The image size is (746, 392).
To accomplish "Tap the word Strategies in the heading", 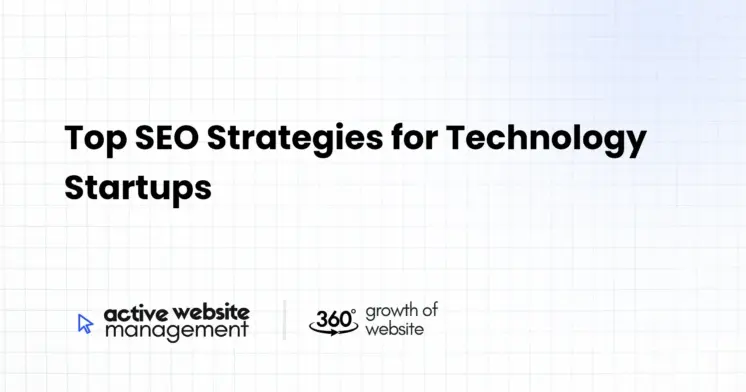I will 299,140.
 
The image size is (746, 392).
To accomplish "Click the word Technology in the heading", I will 546,140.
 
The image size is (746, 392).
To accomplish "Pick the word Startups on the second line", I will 138,189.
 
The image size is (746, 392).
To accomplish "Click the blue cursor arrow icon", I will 85,322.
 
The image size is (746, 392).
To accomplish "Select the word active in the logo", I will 130,312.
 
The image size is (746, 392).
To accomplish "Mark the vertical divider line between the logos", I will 283,319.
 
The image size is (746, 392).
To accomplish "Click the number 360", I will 331,319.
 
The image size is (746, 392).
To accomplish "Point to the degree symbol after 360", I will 354,311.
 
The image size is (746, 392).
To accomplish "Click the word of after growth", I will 429,309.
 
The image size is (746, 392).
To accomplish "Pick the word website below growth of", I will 393,328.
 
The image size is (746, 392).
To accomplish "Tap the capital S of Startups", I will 75,188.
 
